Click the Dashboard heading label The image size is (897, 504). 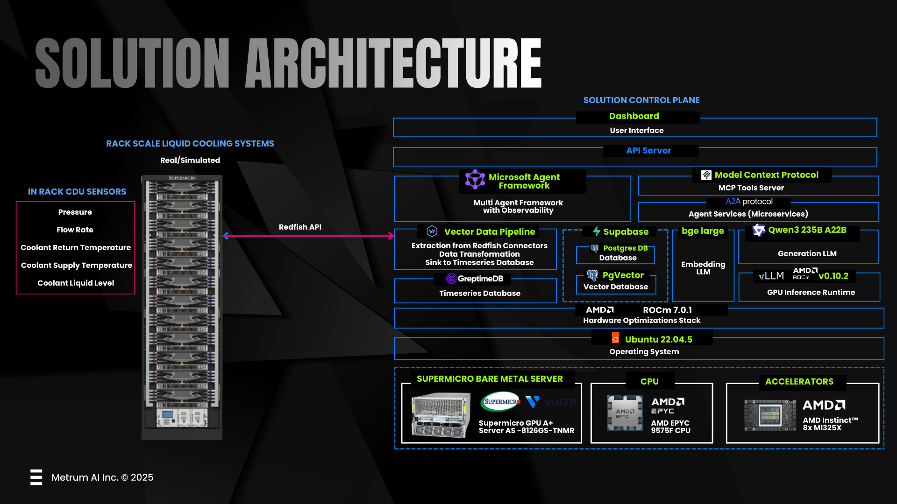pyautogui.click(x=634, y=116)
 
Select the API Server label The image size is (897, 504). pyautogui.click(x=648, y=151)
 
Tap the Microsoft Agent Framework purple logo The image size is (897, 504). pyautogui.click(x=475, y=179)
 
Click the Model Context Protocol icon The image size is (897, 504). pyautogui.click(x=706, y=175)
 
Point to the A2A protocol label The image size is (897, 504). pyautogui.click(x=749, y=202)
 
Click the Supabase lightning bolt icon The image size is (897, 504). pyautogui.click(x=597, y=231)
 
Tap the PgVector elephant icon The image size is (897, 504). pyautogui.click(x=592, y=275)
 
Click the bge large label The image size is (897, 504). pyautogui.click(x=703, y=231)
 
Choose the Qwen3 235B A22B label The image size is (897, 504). pyautogui.click(x=807, y=230)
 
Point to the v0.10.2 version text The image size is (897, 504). pyautogui.click(x=833, y=276)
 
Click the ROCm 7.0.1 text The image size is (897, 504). pyautogui.click(x=667, y=310)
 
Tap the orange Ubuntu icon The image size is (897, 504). pyautogui.click(x=615, y=338)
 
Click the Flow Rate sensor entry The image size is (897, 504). pyautogui.click(x=75, y=230)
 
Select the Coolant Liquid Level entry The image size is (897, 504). pyautogui.click(x=76, y=283)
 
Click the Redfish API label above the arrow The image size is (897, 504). pyautogui.click(x=300, y=227)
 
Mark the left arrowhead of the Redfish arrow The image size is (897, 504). pyautogui.click(x=226, y=236)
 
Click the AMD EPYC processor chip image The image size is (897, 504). pyautogui.click(x=625, y=413)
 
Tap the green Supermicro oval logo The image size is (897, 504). pyautogui.click(x=500, y=401)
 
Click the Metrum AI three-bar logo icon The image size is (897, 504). pyautogui.click(x=36, y=477)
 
